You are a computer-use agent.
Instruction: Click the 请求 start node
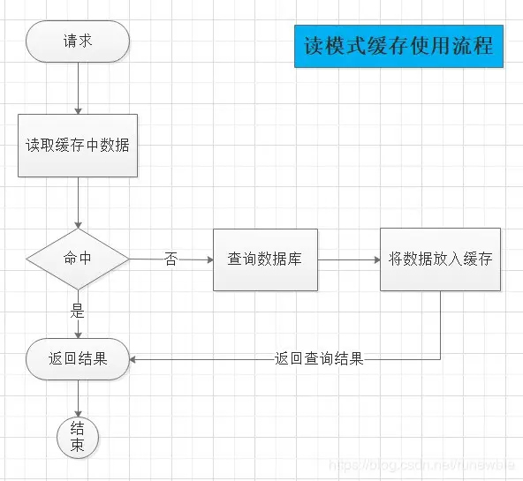[x=78, y=41]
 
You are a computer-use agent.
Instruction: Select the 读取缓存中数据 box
[x=78, y=145]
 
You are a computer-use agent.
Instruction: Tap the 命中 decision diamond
[x=78, y=259]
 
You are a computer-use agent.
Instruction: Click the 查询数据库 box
[x=265, y=259]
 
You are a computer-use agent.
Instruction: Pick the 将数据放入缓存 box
[x=440, y=259]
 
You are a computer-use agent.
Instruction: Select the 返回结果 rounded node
[x=78, y=359]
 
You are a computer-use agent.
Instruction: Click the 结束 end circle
[x=78, y=437]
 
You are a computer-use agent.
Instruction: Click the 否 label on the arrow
[x=171, y=259]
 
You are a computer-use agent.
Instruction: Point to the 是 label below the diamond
[x=78, y=310]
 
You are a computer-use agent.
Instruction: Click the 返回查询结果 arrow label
[x=319, y=359]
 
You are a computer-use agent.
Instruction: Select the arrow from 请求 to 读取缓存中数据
[x=78, y=88]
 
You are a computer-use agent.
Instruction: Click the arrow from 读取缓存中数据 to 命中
[x=78, y=203]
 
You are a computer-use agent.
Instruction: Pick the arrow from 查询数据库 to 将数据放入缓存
[x=348, y=259]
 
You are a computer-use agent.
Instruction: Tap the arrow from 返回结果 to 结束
[x=78, y=398]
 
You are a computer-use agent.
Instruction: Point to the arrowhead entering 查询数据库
[x=208, y=259]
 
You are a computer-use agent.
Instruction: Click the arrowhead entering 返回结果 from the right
[x=135, y=359]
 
